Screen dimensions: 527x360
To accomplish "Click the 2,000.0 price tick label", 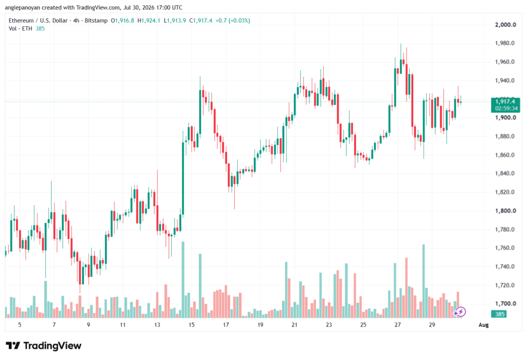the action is tap(505, 25).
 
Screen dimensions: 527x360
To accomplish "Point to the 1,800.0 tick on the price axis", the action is tap(505, 211).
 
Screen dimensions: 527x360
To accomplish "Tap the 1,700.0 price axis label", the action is tap(505, 304).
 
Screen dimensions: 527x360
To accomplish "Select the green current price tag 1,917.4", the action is tap(505, 101).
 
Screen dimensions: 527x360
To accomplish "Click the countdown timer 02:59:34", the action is tap(506, 108).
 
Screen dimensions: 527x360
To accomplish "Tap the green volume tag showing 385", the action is tap(500, 314).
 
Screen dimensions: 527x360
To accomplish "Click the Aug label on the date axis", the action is tap(483, 325).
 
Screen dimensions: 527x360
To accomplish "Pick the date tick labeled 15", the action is tap(191, 325).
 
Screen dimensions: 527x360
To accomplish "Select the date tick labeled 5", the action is tap(20, 325).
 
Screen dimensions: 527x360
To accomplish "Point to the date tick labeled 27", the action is tap(398, 325).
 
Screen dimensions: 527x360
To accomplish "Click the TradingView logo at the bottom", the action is tap(44, 346).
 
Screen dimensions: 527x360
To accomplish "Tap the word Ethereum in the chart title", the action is tap(21, 21).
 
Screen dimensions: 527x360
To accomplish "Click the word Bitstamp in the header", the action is tap(96, 21).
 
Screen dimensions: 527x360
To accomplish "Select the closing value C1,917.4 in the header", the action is tap(201, 21).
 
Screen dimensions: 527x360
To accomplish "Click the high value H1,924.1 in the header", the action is tap(149, 21).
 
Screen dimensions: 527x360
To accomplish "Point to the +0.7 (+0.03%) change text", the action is tap(233, 21).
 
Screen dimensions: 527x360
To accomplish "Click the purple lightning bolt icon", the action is tap(461, 312).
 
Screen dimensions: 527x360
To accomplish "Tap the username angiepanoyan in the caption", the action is tap(23, 7).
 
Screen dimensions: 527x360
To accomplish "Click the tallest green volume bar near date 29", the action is tap(424, 281).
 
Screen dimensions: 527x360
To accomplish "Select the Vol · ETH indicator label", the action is tap(21, 29).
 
